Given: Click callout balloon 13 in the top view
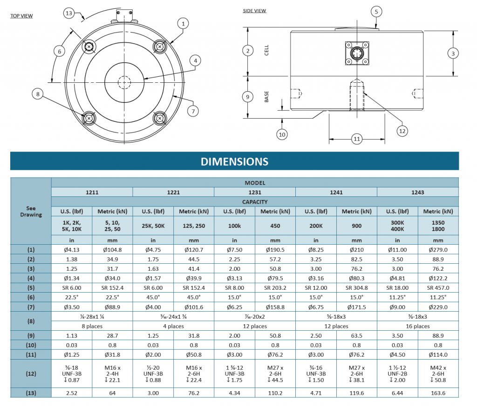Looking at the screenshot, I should tap(69, 13).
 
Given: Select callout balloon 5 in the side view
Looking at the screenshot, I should tap(376, 12).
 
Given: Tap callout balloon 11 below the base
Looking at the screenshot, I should tap(357, 139).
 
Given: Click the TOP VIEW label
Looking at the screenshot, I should tap(21, 16).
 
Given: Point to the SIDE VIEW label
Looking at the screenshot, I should tap(254, 11).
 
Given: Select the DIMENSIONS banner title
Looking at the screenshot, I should tap(234, 161).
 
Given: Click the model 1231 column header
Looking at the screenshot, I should tap(255, 192).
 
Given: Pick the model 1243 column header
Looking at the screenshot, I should tap(417, 192).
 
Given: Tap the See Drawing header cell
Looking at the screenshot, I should tap(31, 212).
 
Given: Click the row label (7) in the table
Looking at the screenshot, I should tap(31, 307).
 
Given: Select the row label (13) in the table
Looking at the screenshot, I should tap(31, 393).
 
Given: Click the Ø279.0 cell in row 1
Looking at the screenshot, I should tap(438, 250).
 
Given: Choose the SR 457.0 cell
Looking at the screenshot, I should tap(438, 288).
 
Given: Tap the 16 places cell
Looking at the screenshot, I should tap(417, 326).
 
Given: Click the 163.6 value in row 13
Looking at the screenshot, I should tap(438, 393).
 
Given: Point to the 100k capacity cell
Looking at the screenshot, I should tap(234, 225).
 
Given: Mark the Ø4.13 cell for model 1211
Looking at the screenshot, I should tap(71, 250).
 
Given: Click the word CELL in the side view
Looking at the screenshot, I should tap(267, 50).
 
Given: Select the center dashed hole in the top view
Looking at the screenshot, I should tap(124, 82).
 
